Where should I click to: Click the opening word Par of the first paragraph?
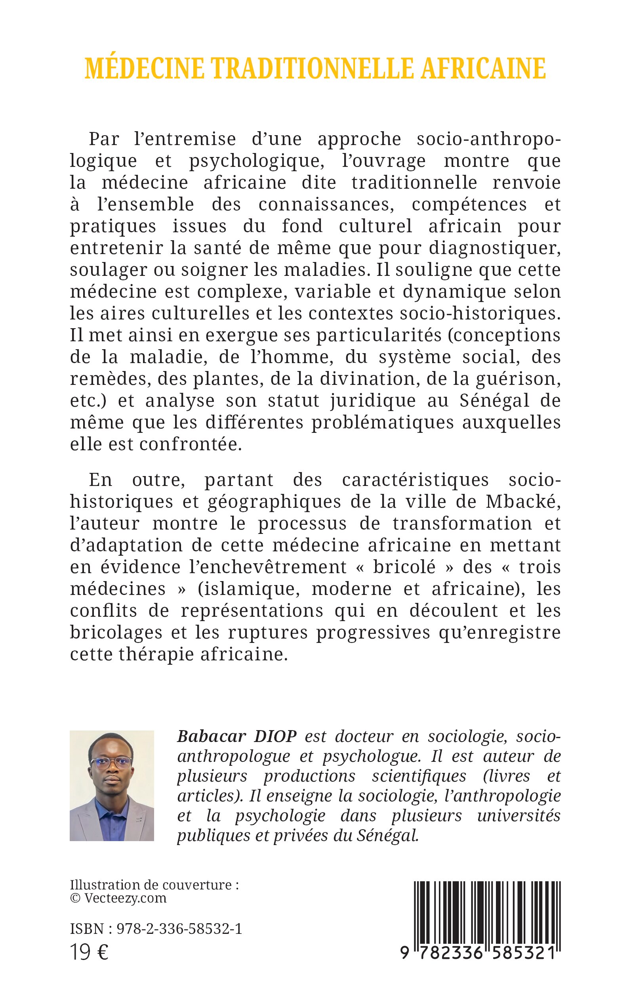[104, 139]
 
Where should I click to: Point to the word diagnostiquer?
[494, 249]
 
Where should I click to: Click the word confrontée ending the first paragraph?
[190, 444]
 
